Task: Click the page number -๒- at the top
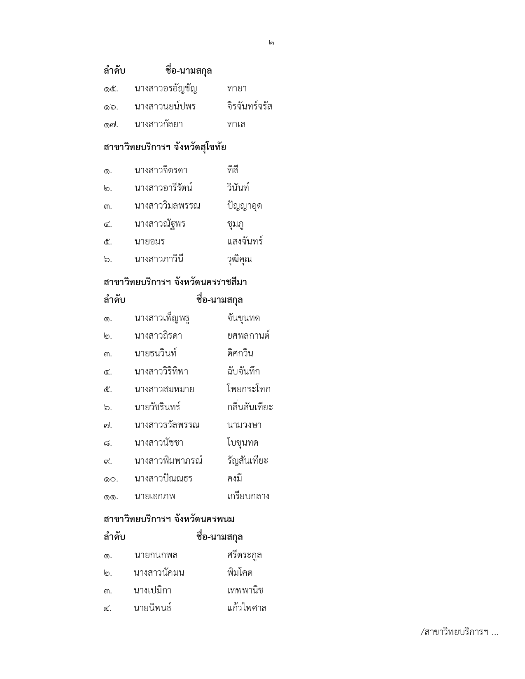coord(272,43)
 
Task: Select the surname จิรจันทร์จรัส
coord(250,107)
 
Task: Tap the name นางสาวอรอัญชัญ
coord(166,88)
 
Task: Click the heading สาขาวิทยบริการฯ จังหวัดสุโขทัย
coord(165,147)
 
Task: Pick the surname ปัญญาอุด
coord(244,206)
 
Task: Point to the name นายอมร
coord(149,242)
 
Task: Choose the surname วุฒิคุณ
coord(239,259)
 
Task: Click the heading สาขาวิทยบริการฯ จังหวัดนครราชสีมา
coord(175,282)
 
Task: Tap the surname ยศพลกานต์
coord(248,336)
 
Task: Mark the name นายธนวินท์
coord(155,353)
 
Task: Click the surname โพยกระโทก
coord(249,389)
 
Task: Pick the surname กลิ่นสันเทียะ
coord(250,407)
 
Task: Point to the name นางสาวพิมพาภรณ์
coord(168,460)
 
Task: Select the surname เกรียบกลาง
coord(248,496)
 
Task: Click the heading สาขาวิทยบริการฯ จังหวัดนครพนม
coord(169,519)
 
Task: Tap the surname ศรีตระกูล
coord(244,555)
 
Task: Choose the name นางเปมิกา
coord(152,591)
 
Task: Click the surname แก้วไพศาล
coord(247,608)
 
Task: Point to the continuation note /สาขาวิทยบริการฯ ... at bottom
coord(459,632)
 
